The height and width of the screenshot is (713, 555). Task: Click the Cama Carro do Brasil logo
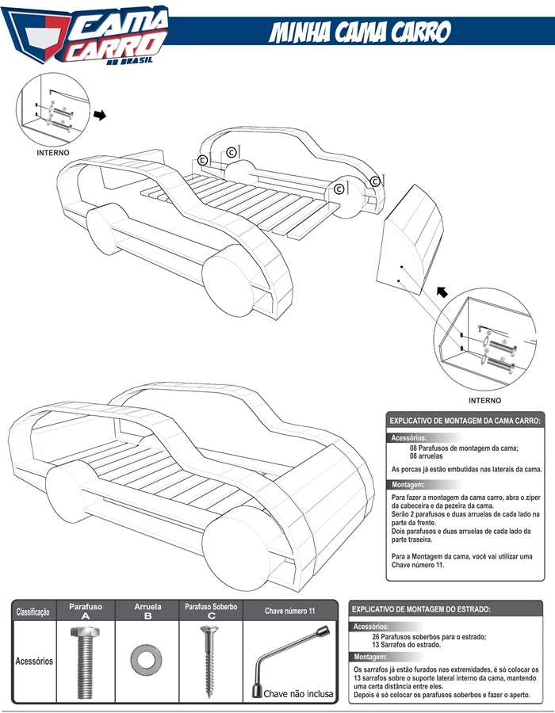click(86, 35)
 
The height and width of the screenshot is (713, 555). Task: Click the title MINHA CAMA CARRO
click(359, 32)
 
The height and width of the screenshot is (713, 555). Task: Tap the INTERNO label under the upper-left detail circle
click(53, 153)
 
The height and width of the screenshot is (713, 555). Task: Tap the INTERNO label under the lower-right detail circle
click(485, 401)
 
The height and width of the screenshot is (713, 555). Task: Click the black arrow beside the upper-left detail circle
click(100, 115)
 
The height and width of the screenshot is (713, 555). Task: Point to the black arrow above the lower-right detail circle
click(442, 292)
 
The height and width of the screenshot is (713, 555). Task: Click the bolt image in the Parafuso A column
click(85, 662)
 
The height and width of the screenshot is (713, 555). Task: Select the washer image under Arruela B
click(146, 659)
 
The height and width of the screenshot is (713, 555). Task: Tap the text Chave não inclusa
click(298, 694)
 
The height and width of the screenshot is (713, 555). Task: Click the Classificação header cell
click(33, 612)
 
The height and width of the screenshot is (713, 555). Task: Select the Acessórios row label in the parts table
click(34, 662)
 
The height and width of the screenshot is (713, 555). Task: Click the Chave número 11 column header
click(289, 611)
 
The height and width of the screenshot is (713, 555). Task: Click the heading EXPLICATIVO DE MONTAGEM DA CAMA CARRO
click(465, 421)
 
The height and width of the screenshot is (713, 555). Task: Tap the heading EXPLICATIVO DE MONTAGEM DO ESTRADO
click(421, 609)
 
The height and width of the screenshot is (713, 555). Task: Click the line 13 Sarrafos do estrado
click(406, 645)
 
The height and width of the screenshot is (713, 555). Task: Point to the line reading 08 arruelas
click(426, 456)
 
